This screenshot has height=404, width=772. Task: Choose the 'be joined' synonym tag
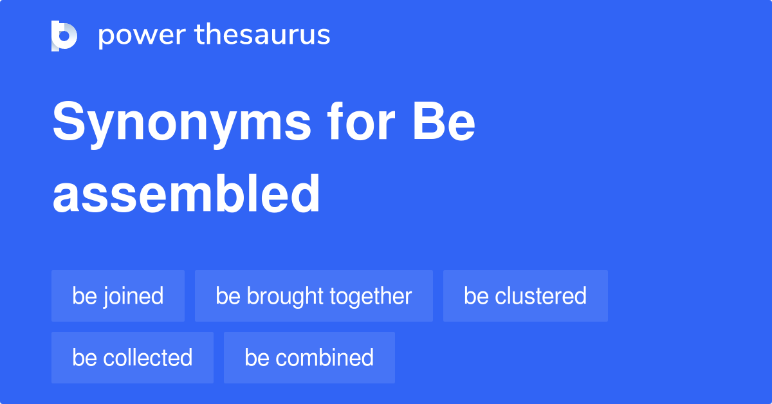tap(118, 296)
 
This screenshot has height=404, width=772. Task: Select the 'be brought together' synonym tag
tap(313, 296)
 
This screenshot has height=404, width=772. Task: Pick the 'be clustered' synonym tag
tap(525, 296)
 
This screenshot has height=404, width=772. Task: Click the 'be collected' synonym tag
tap(132, 358)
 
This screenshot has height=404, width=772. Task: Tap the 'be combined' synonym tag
tap(309, 358)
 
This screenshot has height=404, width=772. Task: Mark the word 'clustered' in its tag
tap(540, 296)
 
